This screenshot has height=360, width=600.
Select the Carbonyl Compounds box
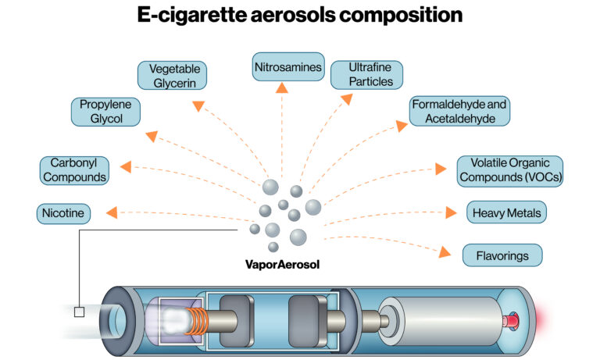(74, 170)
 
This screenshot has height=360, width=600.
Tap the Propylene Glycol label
(105, 112)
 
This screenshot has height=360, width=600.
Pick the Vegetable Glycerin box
(174, 76)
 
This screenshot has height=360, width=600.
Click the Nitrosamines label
(287, 68)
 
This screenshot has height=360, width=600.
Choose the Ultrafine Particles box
(366, 75)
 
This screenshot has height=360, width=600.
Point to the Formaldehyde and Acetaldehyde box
(460, 111)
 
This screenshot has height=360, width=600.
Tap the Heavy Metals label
(505, 212)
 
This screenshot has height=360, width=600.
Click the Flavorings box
(502, 255)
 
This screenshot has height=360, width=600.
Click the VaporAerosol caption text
(282, 264)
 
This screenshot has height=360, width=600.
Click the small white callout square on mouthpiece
(79, 312)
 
